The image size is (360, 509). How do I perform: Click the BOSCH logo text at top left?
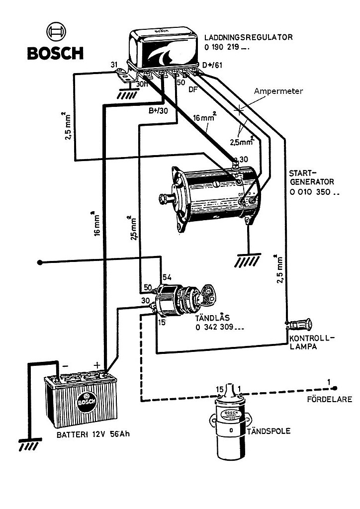(x=55, y=53)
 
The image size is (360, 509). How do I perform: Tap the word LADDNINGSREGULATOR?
(x=248, y=37)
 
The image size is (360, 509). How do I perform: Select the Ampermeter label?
(x=278, y=91)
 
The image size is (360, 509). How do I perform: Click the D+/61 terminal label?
(x=212, y=65)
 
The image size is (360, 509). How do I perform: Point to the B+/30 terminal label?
(x=159, y=111)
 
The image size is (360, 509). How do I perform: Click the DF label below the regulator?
(x=193, y=89)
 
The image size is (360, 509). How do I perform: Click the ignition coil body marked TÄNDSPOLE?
(x=230, y=422)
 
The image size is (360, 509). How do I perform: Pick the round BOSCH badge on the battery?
(x=87, y=402)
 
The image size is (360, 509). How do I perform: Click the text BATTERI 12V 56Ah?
(x=93, y=434)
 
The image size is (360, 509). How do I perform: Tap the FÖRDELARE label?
(x=330, y=399)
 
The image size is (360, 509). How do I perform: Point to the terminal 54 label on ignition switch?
(x=167, y=277)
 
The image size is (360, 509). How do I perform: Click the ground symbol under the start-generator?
(x=248, y=259)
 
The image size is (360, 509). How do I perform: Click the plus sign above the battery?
(x=96, y=365)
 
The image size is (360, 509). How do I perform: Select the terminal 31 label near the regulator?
(x=114, y=65)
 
